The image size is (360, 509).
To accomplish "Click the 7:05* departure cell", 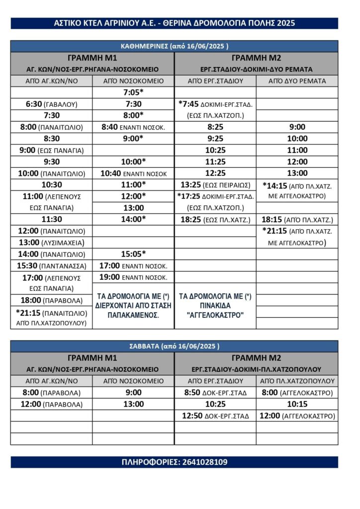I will (133, 92).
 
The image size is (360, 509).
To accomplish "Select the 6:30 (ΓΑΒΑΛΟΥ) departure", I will (51, 104).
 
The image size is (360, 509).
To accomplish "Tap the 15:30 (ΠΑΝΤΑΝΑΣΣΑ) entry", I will (51, 265).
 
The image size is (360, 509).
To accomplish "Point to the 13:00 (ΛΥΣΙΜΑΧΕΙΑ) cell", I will (51, 243).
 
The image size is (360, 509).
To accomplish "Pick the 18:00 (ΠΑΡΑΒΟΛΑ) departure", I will (51, 300).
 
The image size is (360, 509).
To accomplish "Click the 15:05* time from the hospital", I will (133, 254).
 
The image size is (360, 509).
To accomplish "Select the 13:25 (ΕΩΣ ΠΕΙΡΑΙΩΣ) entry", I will (215, 185).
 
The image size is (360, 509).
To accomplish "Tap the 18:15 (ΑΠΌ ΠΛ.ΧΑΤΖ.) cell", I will (297, 219).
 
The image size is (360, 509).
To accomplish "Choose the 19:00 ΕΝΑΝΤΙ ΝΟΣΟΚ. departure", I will (133, 277).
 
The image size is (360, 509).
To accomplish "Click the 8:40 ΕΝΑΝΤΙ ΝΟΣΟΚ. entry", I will (133, 127).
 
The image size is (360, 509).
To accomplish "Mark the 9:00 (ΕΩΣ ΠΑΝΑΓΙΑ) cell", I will (51, 150).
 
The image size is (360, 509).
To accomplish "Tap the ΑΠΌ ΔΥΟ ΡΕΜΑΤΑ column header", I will (297, 81).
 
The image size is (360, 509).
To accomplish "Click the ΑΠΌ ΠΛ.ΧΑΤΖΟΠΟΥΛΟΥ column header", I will (297, 381).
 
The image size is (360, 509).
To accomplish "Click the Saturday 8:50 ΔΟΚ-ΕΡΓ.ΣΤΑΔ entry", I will (215, 393).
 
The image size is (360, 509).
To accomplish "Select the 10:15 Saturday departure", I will (297, 404).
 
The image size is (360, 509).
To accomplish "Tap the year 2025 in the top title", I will (286, 23).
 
